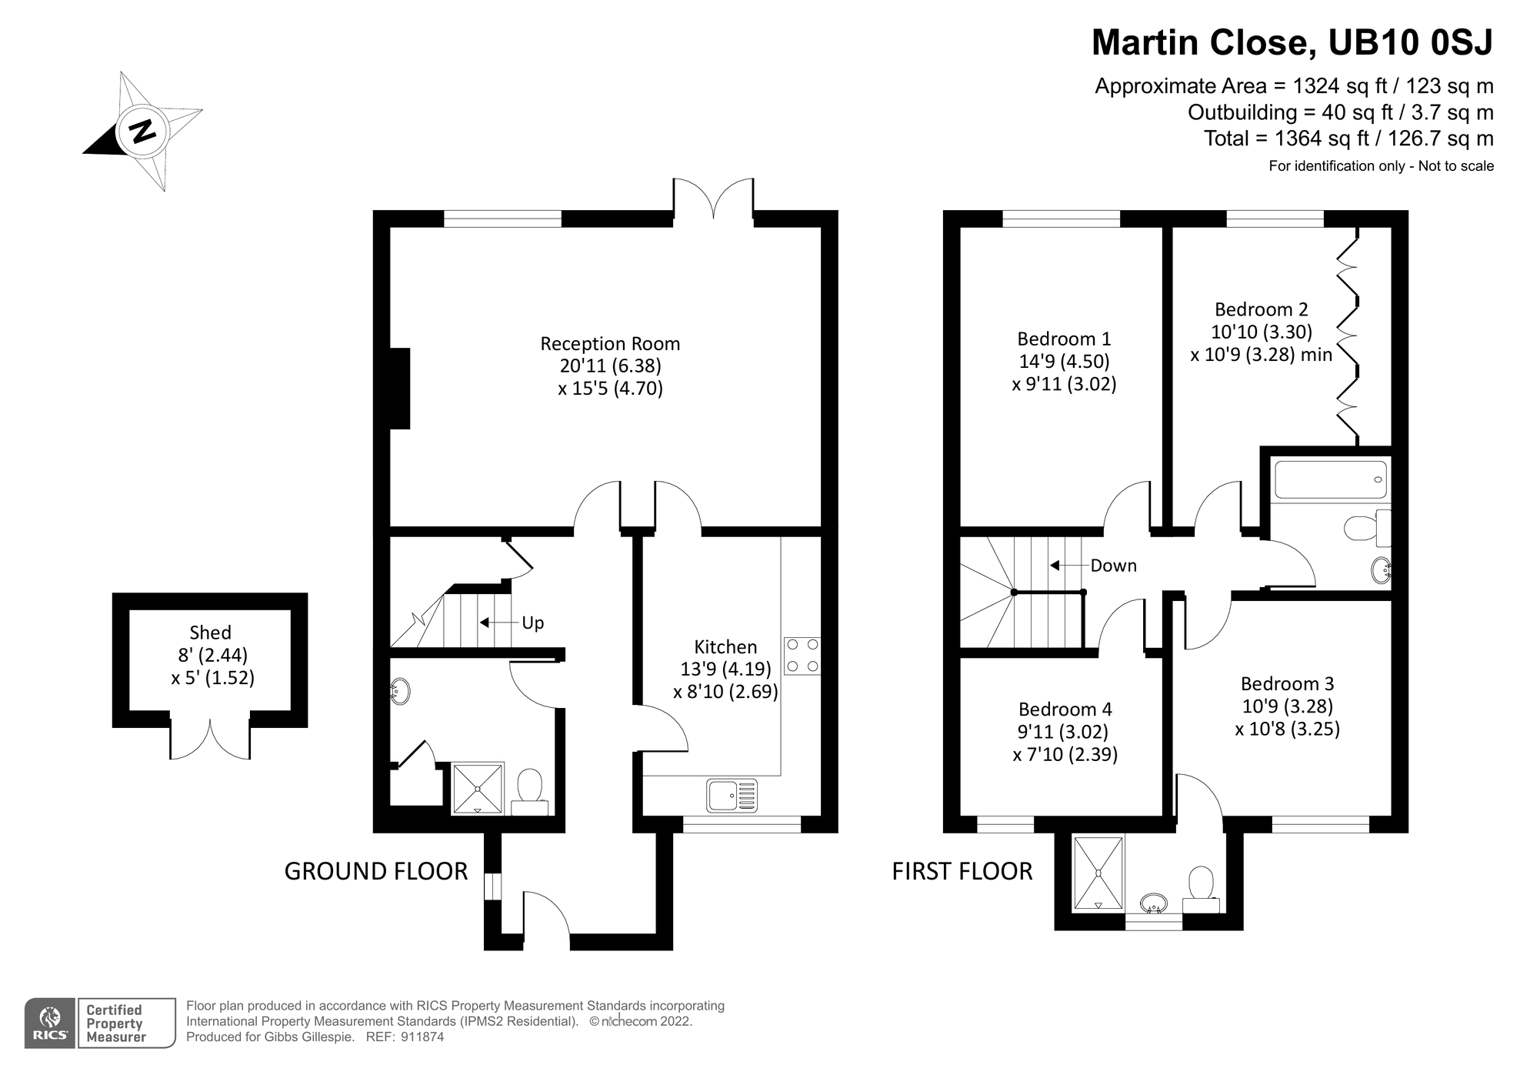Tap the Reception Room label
(x=610, y=344)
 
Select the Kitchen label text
(x=725, y=647)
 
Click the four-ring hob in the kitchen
(x=802, y=656)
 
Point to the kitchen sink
(x=732, y=795)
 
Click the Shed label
(x=210, y=633)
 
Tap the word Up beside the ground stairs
(x=532, y=623)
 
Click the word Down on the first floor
(x=1113, y=566)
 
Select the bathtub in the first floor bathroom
(x=1330, y=479)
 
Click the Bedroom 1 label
(x=1064, y=339)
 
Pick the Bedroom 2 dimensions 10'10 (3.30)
(x=1262, y=332)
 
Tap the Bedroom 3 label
(x=1287, y=683)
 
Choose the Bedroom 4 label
(x=1065, y=709)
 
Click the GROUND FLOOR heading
(x=375, y=871)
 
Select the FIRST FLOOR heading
(x=962, y=871)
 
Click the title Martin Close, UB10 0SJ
(x=1292, y=42)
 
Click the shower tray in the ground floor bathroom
(x=477, y=788)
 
